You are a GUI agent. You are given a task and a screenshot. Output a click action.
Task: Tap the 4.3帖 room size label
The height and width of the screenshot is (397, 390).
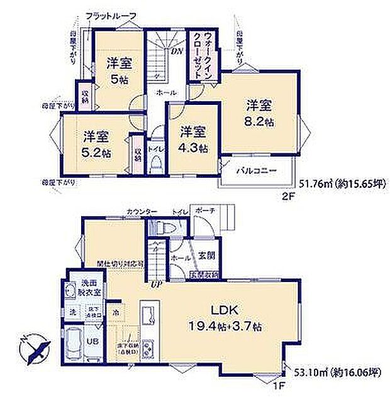coord(192,148)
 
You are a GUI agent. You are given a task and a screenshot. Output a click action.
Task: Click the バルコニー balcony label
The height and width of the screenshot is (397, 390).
coord(255,170)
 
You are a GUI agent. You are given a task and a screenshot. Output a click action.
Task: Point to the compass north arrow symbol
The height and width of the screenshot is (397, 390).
coord(35,347)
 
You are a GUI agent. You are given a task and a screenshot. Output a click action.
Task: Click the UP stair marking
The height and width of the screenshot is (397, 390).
coord(155,283)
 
